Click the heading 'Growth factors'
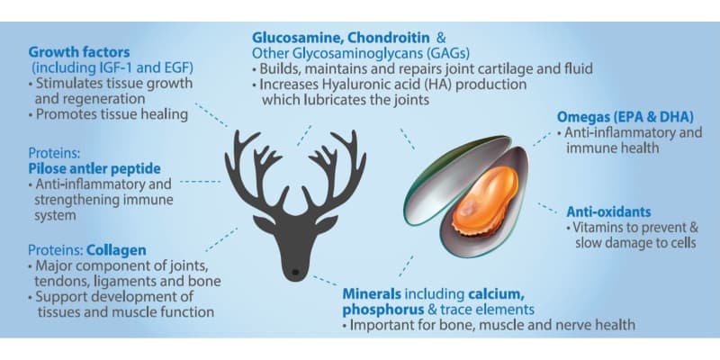tap(79, 51)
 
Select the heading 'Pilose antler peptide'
tap(94, 168)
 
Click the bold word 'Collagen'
tap(117, 250)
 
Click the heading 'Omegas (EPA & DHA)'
tap(625, 117)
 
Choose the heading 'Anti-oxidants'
tap(608, 211)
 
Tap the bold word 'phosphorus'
tap(383, 309)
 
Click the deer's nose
tap(295, 273)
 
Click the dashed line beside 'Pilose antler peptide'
tap(200, 182)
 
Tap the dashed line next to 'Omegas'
tap(542, 139)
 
